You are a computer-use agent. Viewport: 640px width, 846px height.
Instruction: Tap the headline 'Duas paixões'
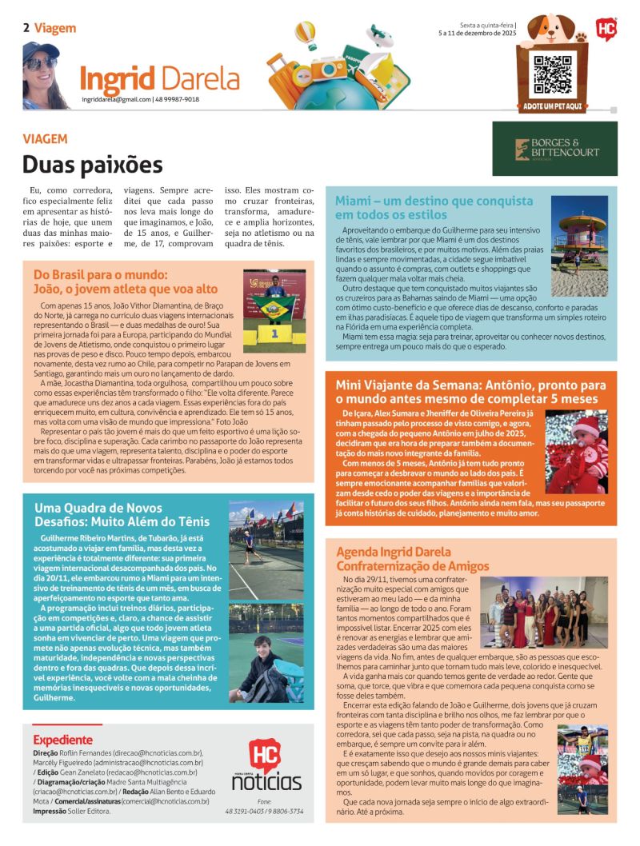click(92, 164)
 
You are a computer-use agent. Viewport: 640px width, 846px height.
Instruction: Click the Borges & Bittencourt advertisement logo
click(566, 149)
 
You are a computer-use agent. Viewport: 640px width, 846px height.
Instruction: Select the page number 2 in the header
click(26, 28)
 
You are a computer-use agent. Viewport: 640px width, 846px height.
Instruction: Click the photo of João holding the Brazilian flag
click(274, 310)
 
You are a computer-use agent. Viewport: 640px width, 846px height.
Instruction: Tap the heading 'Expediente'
click(62, 740)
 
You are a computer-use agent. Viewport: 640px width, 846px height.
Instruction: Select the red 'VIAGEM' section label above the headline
click(45, 138)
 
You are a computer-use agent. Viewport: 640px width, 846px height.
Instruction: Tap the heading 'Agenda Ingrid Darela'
click(394, 552)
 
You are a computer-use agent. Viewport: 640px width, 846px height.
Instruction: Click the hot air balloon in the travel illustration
click(306, 34)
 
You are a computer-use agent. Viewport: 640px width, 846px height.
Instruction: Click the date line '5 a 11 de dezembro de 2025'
click(477, 34)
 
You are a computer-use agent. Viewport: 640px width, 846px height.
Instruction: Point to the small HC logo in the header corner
click(606, 29)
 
